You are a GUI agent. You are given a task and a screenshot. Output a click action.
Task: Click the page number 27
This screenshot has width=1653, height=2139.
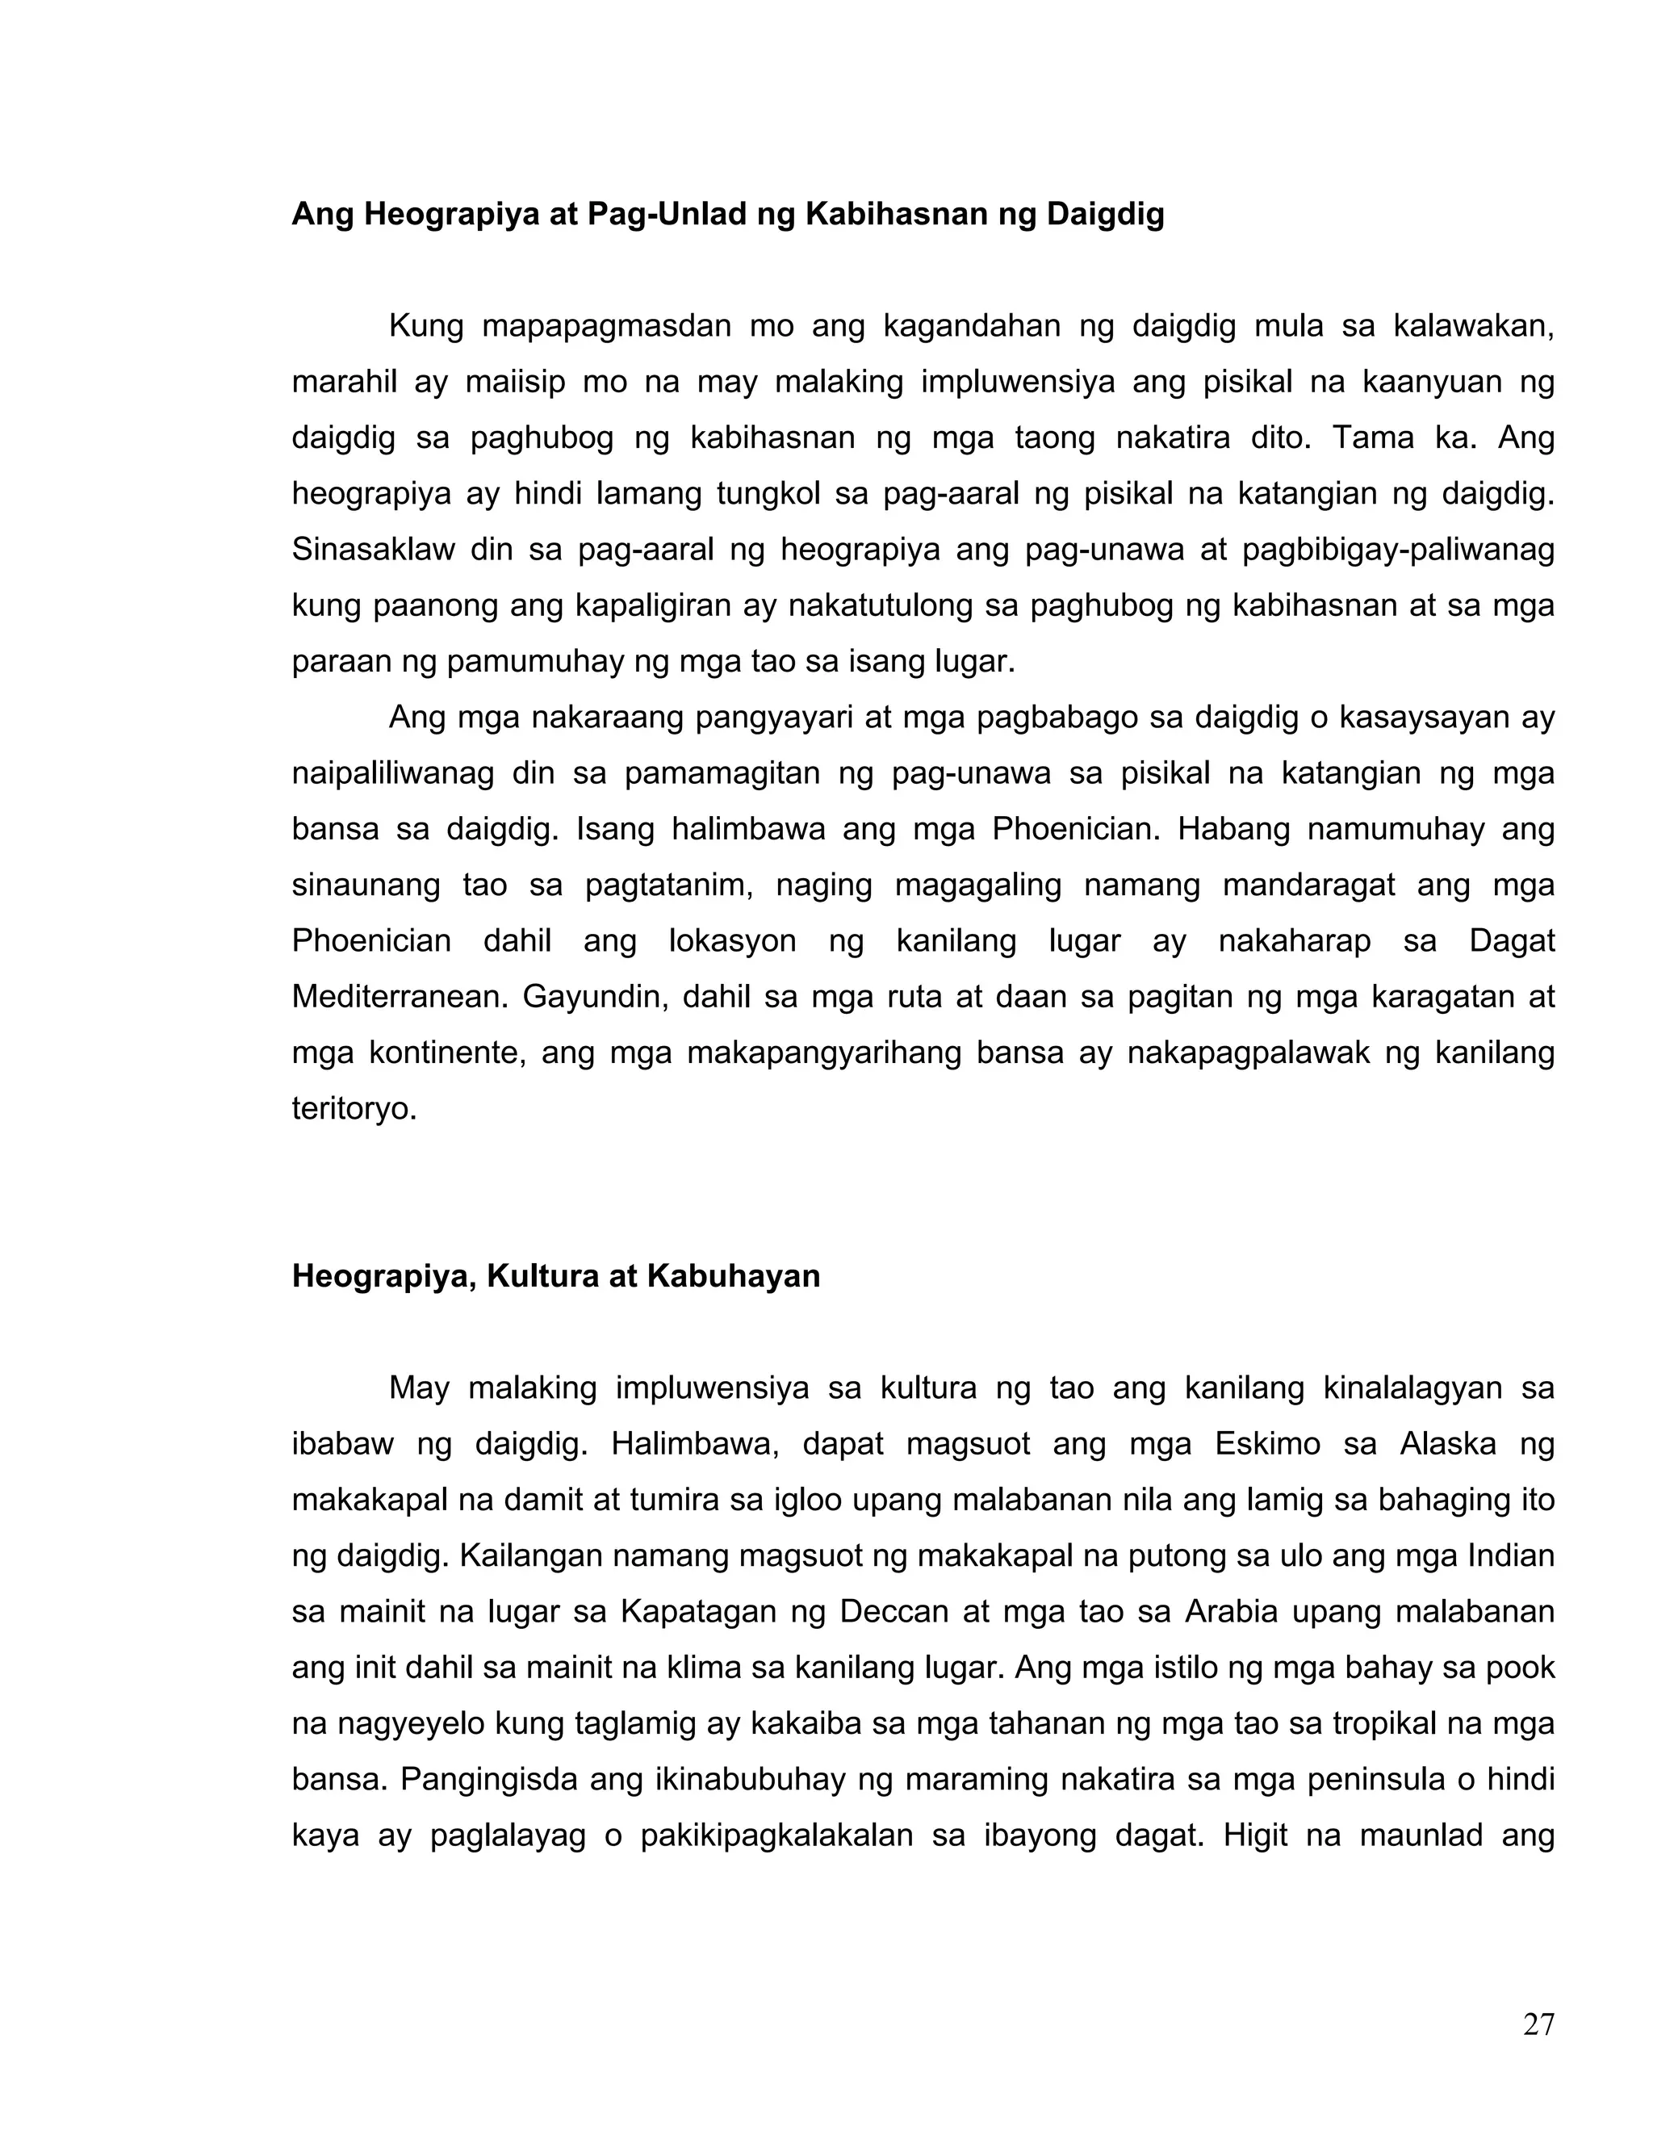[x=1538, y=2024]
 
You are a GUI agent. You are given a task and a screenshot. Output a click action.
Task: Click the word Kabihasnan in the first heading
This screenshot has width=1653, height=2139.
[x=896, y=214]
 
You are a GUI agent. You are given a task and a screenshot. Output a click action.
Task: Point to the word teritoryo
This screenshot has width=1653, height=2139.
[x=354, y=1109]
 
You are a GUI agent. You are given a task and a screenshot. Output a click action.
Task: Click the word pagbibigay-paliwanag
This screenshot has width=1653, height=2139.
[x=1397, y=550]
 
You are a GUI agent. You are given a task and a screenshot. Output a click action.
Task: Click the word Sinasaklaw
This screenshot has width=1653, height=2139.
[x=373, y=550]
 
